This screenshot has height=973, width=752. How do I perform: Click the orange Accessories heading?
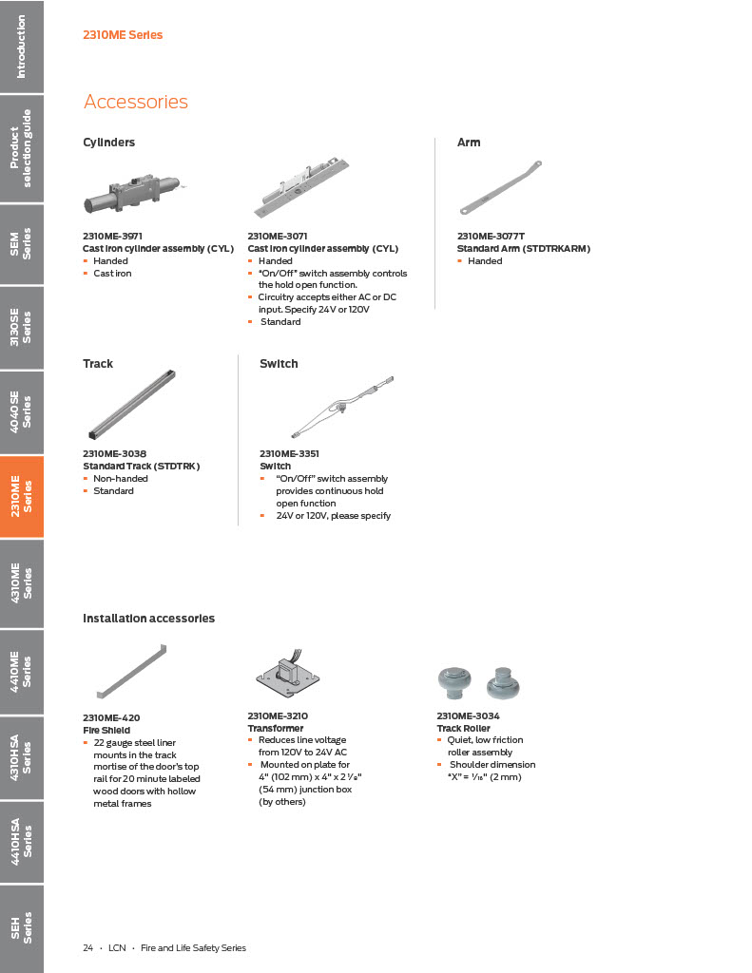(136, 102)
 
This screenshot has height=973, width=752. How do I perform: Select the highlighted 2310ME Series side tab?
(21, 497)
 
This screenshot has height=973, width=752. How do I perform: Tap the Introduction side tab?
(21, 46)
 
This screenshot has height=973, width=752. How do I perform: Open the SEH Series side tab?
(21, 927)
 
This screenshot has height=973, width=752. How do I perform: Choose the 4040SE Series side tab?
(21, 410)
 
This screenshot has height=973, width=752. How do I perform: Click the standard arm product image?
(500, 188)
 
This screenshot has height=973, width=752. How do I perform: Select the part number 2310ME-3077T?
(491, 236)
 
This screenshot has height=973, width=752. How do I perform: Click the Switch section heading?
(279, 364)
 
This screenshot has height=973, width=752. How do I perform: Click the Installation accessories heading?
(148, 619)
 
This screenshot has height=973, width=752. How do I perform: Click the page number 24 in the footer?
(87, 948)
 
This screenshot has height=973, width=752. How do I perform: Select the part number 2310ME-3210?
(278, 715)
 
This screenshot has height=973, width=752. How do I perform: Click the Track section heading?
(98, 364)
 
